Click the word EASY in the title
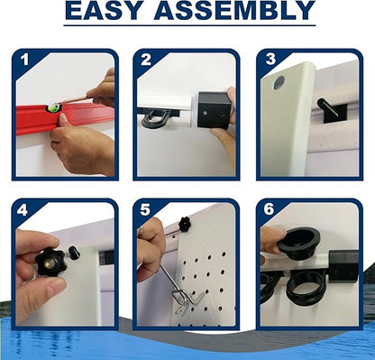[x=105, y=10]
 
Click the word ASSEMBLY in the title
[x=234, y=10]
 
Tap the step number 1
[x=24, y=60]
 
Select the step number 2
[x=146, y=60]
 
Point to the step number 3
[x=270, y=59]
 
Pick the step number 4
[x=23, y=209]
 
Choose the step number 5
[x=145, y=209]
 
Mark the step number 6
[x=269, y=209]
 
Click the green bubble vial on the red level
[x=53, y=107]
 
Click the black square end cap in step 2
[x=214, y=110]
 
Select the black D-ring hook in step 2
[x=154, y=118]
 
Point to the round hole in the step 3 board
[x=279, y=82]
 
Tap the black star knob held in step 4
[x=50, y=262]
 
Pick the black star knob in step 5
[x=184, y=225]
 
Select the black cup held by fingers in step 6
[x=299, y=243]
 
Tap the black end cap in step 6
[x=343, y=266]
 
